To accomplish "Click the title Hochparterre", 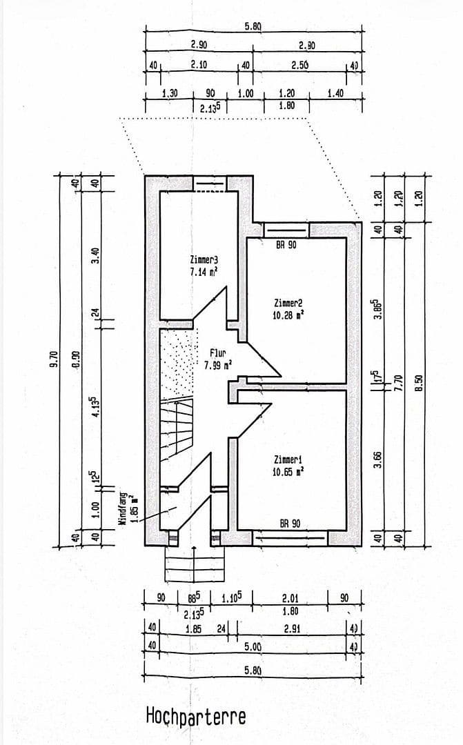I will click(x=195, y=716).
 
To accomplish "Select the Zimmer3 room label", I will click(x=204, y=261).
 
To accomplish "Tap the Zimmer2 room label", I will click(x=288, y=303).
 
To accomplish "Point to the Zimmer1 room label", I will click(x=288, y=459).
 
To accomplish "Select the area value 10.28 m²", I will click(x=288, y=315).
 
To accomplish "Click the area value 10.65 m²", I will click(x=288, y=472).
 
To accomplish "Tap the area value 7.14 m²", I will click(x=204, y=272).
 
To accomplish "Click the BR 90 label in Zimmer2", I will click(x=286, y=245).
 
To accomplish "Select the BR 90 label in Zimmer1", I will click(x=290, y=524).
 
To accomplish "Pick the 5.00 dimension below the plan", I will click(x=253, y=647).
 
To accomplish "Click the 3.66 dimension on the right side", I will click(x=377, y=459).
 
